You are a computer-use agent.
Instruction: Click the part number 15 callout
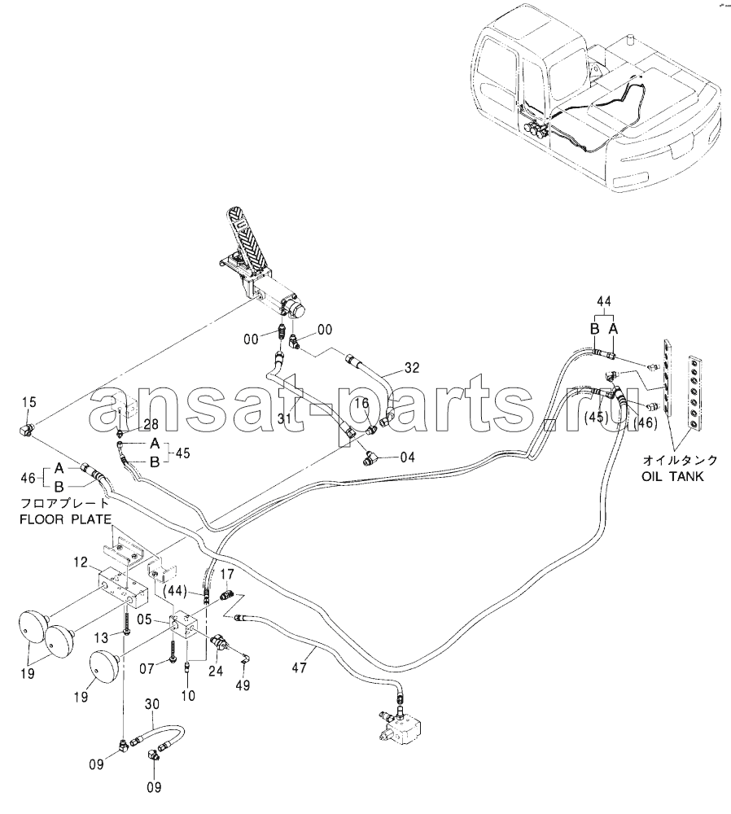pos(29,402)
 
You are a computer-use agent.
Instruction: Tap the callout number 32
pos(412,368)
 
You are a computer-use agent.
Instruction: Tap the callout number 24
pos(216,672)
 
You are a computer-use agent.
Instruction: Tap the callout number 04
pos(406,457)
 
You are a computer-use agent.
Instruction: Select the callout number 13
pos(103,637)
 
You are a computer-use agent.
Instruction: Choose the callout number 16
pos(361,403)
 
